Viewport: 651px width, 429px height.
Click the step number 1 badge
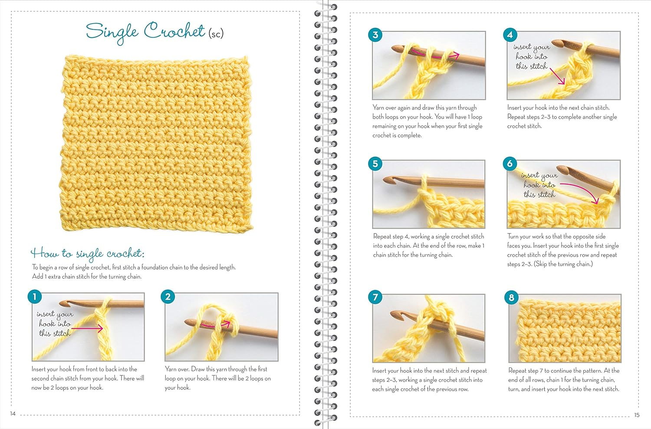pos(35,297)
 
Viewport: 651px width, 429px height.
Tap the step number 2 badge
pos(168,297)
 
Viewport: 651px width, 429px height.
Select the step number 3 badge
pos(375,35)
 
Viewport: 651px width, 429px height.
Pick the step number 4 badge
pos(510,35)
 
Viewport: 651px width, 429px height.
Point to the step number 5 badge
pos(375,164)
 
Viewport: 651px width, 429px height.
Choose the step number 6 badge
pos(510,164)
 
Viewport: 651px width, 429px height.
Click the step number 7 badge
pos(375,297)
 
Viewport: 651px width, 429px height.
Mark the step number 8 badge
pos(511,297)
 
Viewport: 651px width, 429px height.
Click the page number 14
pos(13,413)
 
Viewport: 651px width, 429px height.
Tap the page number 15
pos(637,415)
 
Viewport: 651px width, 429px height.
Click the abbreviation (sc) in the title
pos(216,33)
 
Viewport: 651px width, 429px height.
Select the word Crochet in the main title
pos(174,31)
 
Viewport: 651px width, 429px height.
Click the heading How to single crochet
pos(87,253)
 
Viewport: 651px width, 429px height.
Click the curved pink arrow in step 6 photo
pos(582,190)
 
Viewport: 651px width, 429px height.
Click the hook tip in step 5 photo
pos(388,179)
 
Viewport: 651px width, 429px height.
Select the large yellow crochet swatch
pos(156,143)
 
